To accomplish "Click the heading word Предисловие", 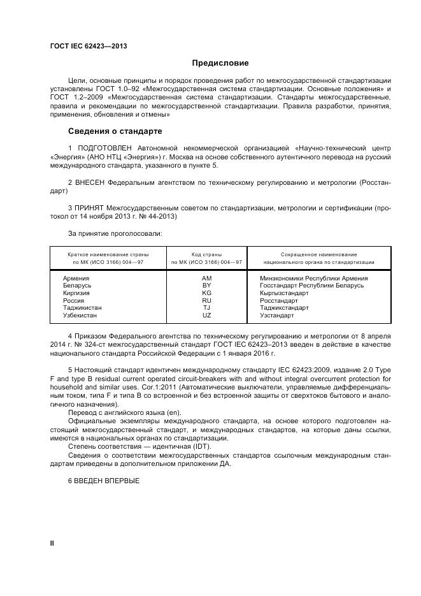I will coord(220,63).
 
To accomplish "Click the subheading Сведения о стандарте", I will coord(115,131).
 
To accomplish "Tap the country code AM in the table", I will coord(206,279).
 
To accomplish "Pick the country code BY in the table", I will coord(206,286).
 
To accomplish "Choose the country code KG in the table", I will coord(206,293).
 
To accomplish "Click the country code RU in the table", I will coord(206,300).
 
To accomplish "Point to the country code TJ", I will coord(206,308).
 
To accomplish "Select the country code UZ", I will coord(206,315).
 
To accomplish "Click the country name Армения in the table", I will coord(76,279).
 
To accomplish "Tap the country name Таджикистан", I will coord(82,308).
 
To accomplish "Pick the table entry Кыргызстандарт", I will coord(284,293).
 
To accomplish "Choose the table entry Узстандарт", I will coord(277,315).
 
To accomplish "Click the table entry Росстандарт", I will coord(279,300).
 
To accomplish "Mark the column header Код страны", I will coord(206,254).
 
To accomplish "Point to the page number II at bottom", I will coord(52,542).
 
